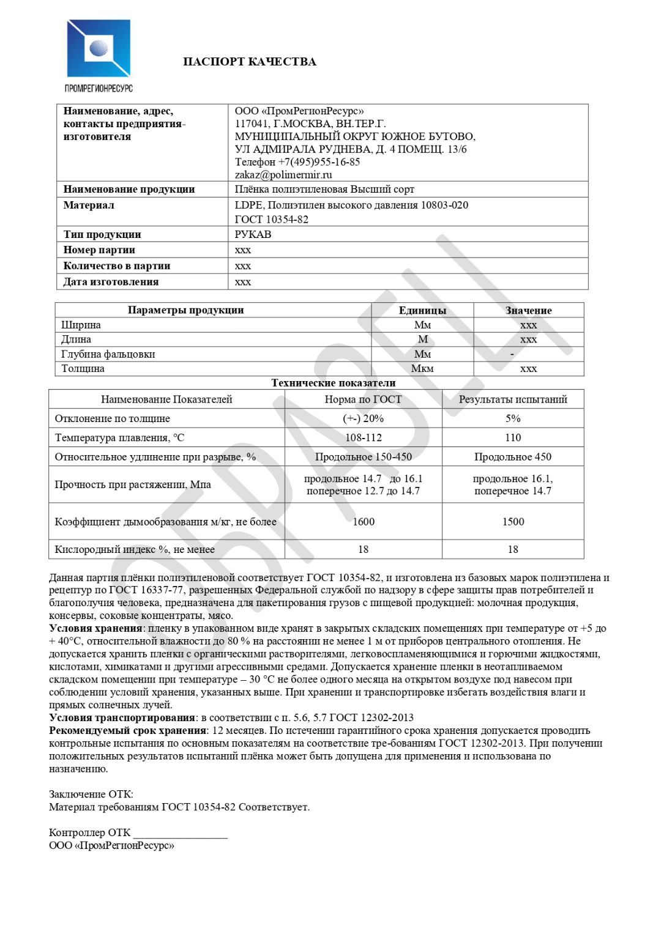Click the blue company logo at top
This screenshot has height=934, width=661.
coord(99,49)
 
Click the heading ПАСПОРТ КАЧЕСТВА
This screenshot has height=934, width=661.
coord(250,62)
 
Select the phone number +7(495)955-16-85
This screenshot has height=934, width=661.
coord(319,162)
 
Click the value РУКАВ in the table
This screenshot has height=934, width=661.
coord(253,234)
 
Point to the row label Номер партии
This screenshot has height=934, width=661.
coord(99,250)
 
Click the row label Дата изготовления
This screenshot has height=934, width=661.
coord(111,282)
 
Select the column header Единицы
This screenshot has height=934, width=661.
coord(422,310)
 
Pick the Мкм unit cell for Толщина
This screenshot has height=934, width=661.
coord(422,368)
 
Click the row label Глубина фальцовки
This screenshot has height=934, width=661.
coord(108,354)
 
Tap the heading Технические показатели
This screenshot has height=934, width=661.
coord(334,383)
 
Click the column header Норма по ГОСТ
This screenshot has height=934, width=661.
coord(363,399)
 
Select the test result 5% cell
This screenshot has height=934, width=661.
coord(513,418)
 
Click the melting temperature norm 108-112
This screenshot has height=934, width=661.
coord(363,437)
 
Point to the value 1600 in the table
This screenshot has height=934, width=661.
coord(363,522)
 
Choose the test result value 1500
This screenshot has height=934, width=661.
coord(513,522)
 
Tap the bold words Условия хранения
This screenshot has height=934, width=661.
coord(95,628)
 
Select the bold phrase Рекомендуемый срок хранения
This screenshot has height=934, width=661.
coord(127,730)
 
